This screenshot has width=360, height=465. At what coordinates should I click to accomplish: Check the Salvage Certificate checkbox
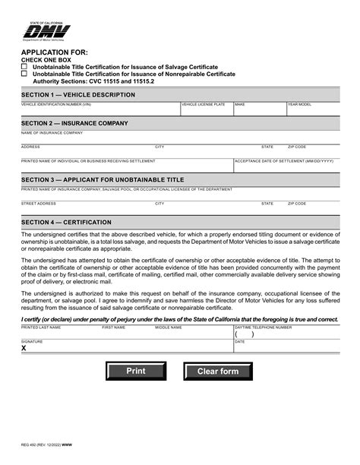24,67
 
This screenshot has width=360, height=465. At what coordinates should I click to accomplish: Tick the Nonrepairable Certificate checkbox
24,74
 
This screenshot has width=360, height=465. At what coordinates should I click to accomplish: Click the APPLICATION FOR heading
49,52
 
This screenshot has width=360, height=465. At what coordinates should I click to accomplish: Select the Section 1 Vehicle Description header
78,95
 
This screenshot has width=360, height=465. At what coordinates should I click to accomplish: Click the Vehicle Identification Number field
99,111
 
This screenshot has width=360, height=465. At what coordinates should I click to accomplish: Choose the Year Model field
312,111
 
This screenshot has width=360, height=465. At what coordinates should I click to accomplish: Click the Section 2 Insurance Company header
74,123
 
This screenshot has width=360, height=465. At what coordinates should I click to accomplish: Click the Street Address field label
39,204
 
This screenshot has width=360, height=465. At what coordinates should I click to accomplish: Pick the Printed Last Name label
40,327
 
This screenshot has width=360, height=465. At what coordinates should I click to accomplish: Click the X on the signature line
24,348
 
